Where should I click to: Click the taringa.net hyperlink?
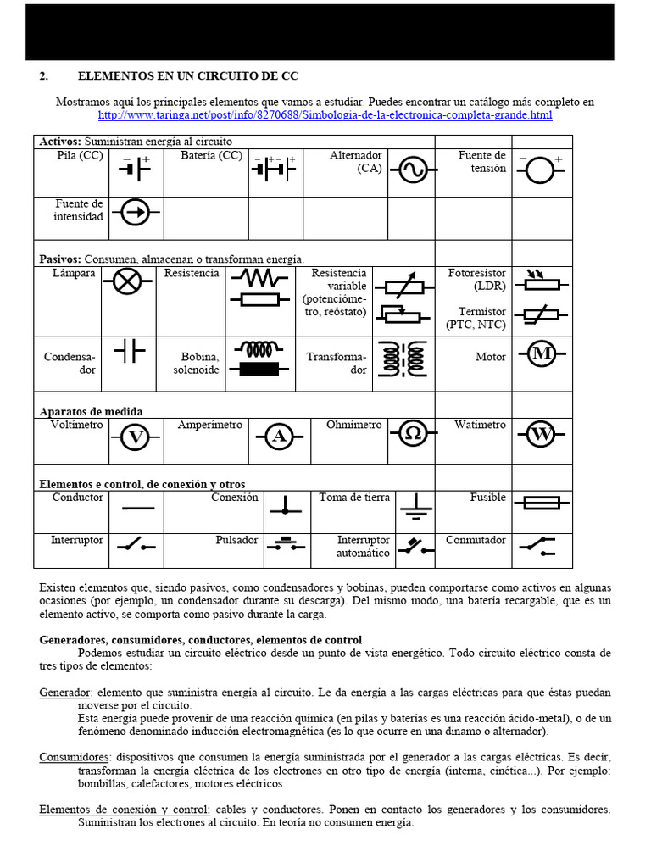pos(325,114)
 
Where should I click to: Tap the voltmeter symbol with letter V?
pos(134,437)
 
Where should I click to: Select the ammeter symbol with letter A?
pos(278,437)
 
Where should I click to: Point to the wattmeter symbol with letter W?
pos(540,435)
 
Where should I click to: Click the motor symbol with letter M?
pos(540,354)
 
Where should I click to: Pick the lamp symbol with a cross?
pos(127,282)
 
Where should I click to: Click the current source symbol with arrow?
pos(134,213)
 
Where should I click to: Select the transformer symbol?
pos(403,359)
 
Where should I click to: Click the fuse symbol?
pos(541,504)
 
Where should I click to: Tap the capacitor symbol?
pos(129,349)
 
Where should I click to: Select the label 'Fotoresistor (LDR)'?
pos(477,280)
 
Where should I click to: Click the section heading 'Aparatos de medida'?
pos(92,411)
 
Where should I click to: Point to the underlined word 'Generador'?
pos(64,693)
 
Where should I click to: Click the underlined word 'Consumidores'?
pos(75,757)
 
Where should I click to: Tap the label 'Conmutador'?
pos(476,540)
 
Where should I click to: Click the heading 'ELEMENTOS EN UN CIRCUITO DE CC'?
pos(188,76)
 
